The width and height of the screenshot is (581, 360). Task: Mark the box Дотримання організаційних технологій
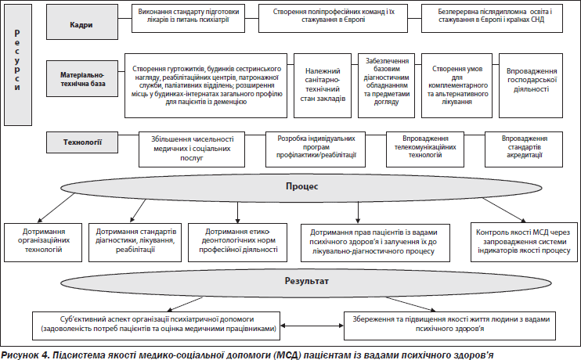45,242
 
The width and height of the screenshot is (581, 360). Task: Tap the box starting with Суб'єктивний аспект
157,323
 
